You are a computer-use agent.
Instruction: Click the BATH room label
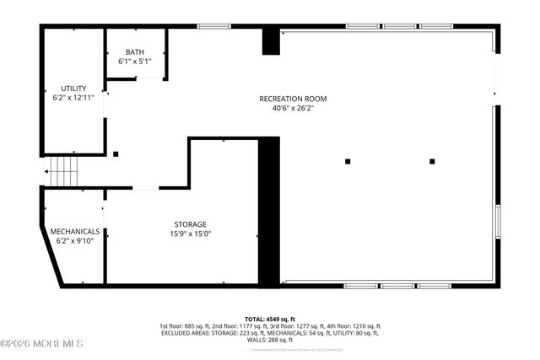(x=135, y=52)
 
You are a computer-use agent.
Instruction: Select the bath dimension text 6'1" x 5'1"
(x=135, y=62)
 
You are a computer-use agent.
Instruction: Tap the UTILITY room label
(x=73, y=89)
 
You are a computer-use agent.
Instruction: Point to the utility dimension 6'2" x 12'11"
(x=73, y=98)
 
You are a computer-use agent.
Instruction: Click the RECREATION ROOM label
(x=293, y=99)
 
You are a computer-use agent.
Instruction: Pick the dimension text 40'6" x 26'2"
(x=293, y=108)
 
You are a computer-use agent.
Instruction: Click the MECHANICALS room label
(x=75, y=231)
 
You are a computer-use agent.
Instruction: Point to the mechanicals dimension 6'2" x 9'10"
(x=75, y=240)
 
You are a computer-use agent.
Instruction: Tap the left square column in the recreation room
(x=347, y=160)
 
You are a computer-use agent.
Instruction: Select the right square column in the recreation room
(x=432, y=160)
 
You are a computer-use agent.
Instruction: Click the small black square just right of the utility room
(x=116, y=154)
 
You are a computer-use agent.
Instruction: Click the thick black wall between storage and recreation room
(x=268, y=211)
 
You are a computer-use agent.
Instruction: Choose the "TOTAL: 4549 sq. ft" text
(x=270, y=319)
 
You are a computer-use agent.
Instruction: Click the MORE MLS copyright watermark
(x=42, y=343)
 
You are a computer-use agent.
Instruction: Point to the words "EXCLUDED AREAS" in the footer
(x=185, y=333)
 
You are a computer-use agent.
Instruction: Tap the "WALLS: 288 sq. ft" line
(x=270, y=340)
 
